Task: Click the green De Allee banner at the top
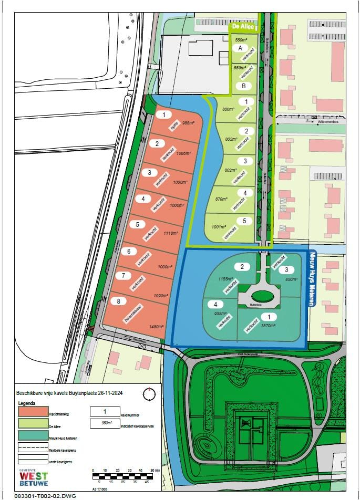[244, 25]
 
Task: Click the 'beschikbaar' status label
[134, 314]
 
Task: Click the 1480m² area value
[156, 327]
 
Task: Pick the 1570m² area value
[268, 326]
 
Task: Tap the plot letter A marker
[241, 48]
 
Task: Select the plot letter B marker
[243, 86]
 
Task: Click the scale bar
[126, 476]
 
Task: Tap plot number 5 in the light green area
[244, 221]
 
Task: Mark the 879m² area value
[221, 199]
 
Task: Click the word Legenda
[27, 403]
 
